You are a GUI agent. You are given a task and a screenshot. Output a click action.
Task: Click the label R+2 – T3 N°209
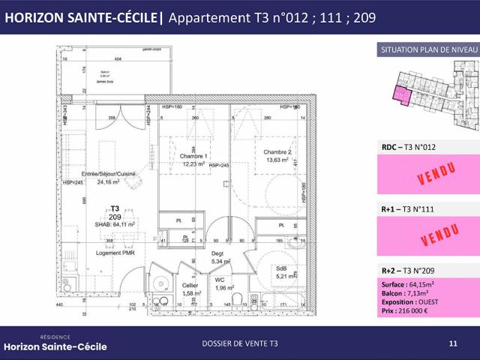409,271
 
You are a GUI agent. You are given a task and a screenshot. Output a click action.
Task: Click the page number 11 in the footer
452,343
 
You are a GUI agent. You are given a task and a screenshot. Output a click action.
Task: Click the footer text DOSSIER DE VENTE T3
240,343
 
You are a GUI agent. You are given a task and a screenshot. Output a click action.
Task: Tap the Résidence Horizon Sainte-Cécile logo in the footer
55,343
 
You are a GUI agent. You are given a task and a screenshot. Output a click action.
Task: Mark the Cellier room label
190,285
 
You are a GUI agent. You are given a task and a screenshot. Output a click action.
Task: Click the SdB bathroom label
282,268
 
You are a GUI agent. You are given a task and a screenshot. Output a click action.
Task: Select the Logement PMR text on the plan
115,253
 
